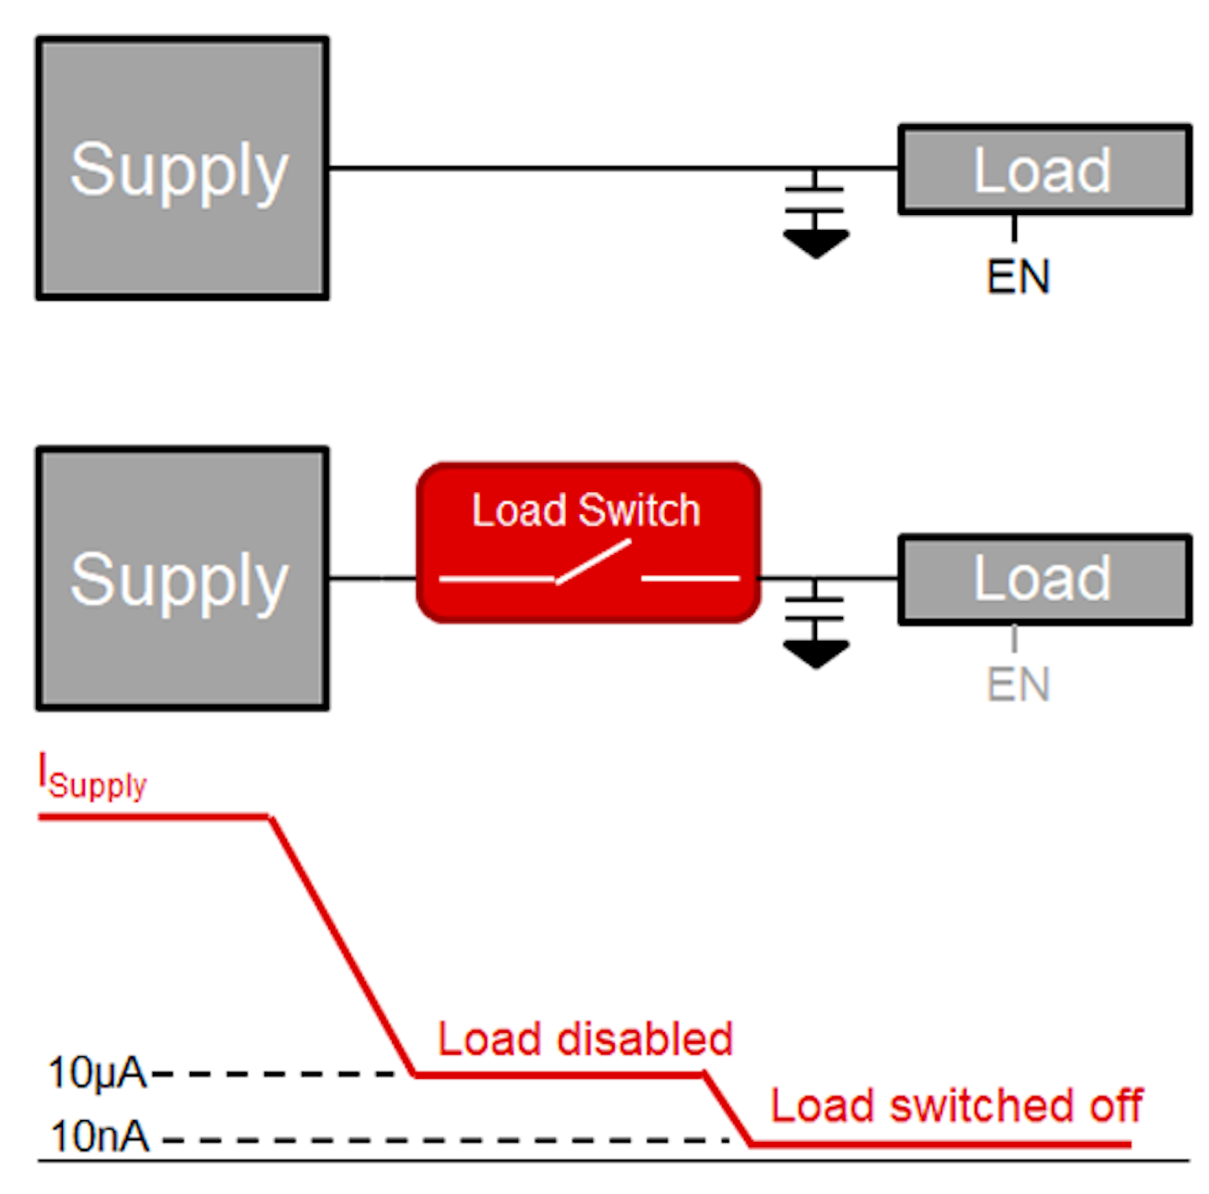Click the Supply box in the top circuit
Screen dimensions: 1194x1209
coord(182,168)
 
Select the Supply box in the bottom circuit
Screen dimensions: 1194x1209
coord(182,579)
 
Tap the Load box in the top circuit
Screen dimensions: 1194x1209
coord(1044,170)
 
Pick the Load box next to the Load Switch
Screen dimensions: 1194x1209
coord(1044,579)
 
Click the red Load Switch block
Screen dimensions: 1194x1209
coord(589,542)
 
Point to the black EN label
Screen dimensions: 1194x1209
coord(1018,277)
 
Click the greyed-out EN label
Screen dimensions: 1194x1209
coord(1018,684)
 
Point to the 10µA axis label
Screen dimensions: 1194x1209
coord(97,1073)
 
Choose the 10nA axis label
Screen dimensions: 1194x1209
coord(100,1137)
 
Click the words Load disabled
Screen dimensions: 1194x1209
coord(585,1040)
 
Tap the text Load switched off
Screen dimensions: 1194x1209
coord(956,1106)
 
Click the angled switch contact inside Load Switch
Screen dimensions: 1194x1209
coord(594,561)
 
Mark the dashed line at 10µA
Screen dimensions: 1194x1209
coord(277,1073)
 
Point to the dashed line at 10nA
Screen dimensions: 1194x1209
coord(445,1140)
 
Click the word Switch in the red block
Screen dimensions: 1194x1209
coord(639,511)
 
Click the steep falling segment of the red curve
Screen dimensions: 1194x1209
coord(342,945)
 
